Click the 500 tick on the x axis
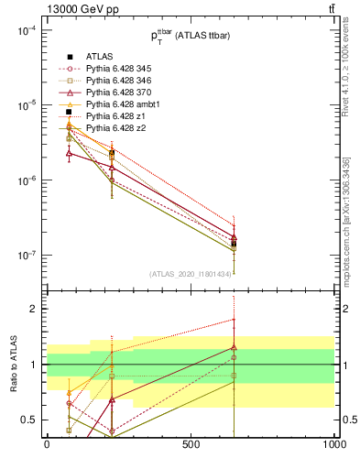point(191,443)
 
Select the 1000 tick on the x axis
point(333,443)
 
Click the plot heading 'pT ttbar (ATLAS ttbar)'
point(190,36)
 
